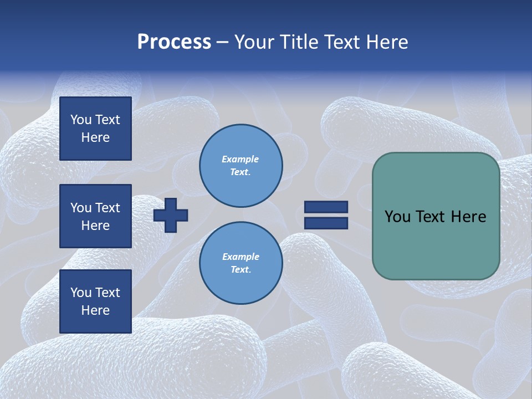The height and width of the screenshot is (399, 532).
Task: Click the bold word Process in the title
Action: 174,42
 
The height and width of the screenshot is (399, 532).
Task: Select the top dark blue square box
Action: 95,129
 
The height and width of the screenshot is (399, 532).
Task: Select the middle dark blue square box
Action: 95,216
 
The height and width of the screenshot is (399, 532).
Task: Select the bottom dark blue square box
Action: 95,301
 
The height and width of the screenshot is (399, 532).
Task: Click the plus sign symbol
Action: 171,215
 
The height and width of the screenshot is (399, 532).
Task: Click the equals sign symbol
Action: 326,215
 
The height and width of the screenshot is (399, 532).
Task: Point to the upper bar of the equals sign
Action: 326,207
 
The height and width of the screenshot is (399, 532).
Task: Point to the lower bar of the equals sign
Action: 326,223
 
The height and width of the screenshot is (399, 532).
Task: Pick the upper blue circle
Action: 241,165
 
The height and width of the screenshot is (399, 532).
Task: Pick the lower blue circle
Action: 241,263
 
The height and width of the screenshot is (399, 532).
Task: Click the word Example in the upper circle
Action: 241,159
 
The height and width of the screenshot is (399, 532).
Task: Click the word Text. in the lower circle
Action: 241,270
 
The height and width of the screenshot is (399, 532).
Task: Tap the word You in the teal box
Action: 397,217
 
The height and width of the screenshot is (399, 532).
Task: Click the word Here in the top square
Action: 95,137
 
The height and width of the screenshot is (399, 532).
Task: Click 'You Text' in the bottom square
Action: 95,293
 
